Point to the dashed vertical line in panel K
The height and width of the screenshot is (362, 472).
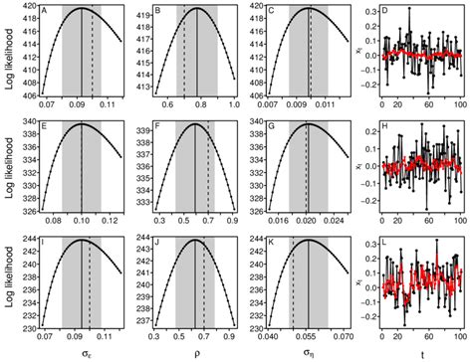point(293,283)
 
